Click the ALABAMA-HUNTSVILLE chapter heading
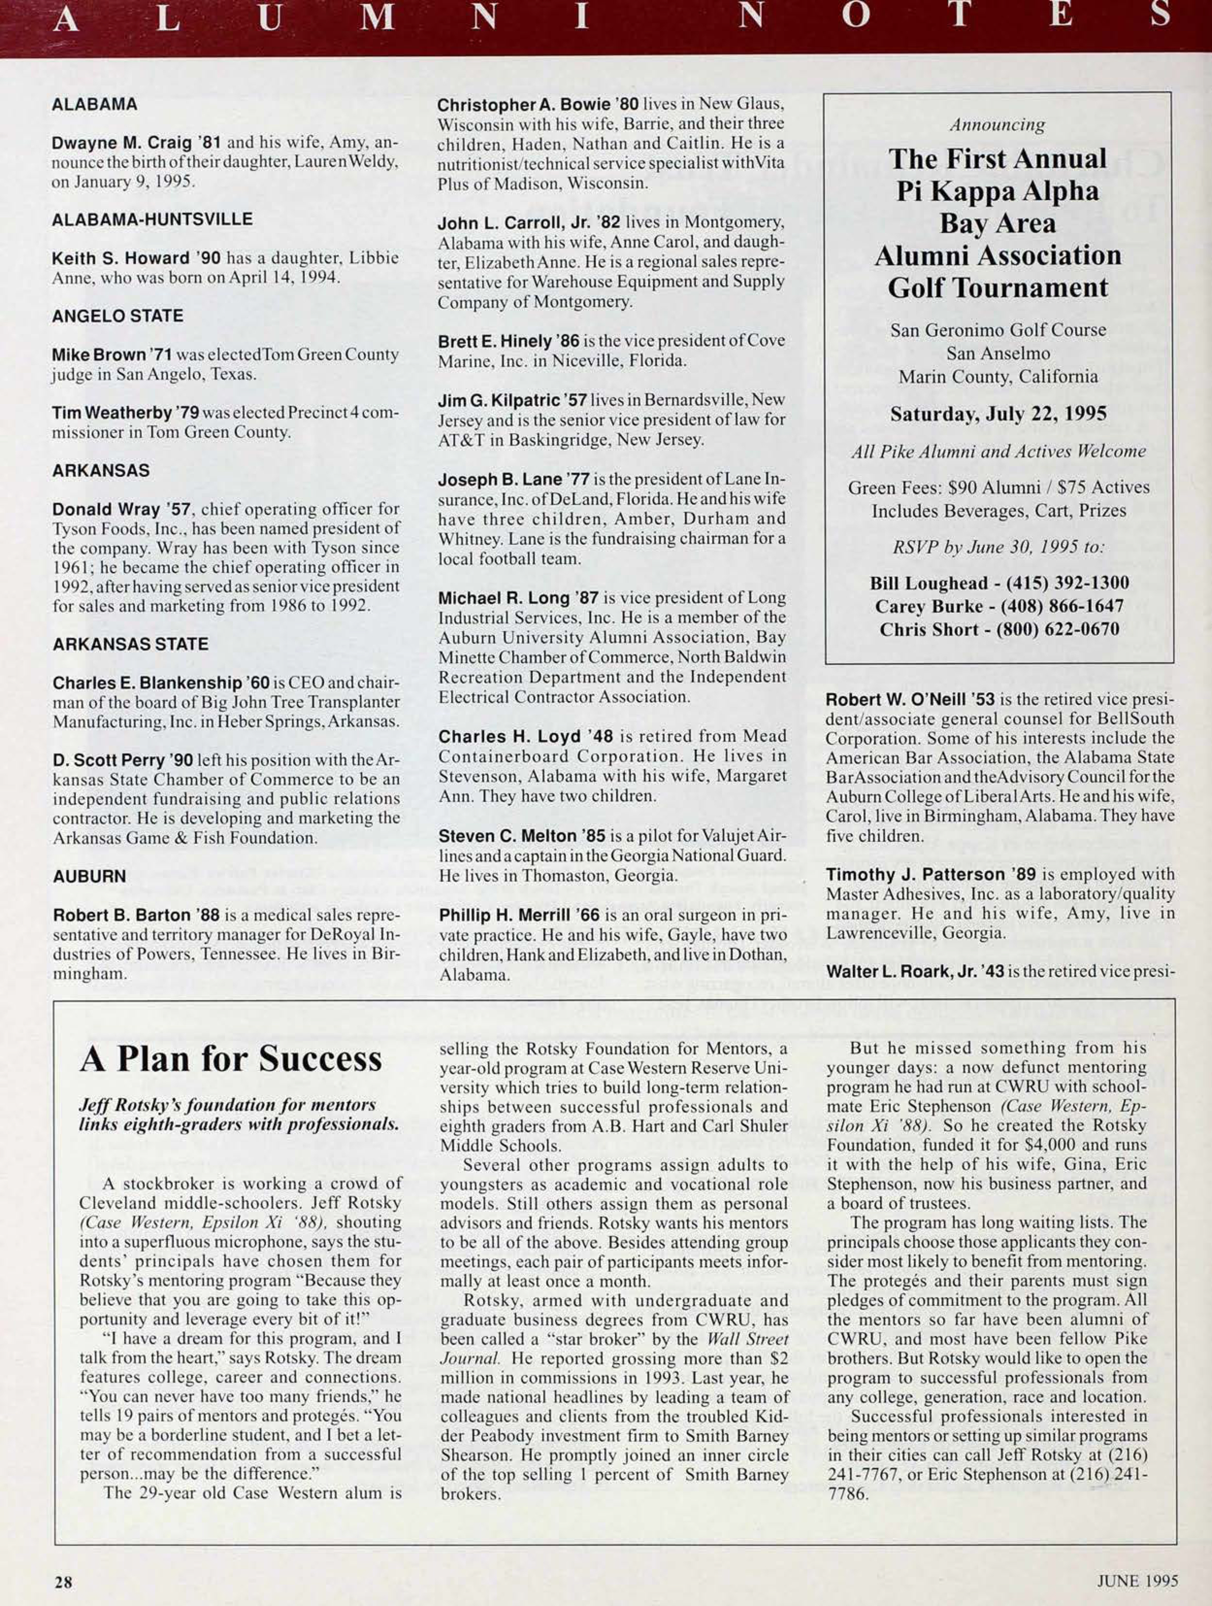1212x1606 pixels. pyautogui.click(x=152, y=219)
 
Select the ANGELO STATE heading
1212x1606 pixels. pyautogui.click(x=117, y=316)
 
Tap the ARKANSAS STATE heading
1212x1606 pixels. pyautogui.click(x=131, y=644)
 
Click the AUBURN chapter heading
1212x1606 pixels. pyautogui.click(x=89, y=876)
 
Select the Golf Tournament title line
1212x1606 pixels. pyautogui.click(x=998, y=287)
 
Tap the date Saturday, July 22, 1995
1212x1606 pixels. pyautogui.click(x=998, y=415)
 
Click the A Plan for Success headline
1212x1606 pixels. pyautogui.click(x=231, y=1059)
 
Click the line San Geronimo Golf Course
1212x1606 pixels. pyautogui.click(x=998, y=330)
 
